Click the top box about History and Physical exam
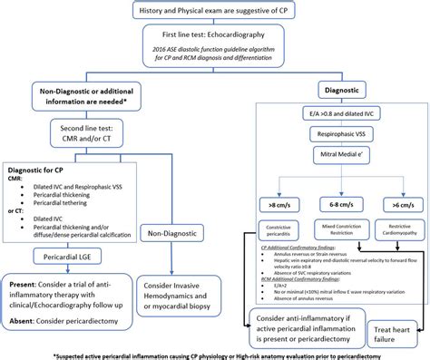214,10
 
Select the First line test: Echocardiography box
214,45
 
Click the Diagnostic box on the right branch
340,92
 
